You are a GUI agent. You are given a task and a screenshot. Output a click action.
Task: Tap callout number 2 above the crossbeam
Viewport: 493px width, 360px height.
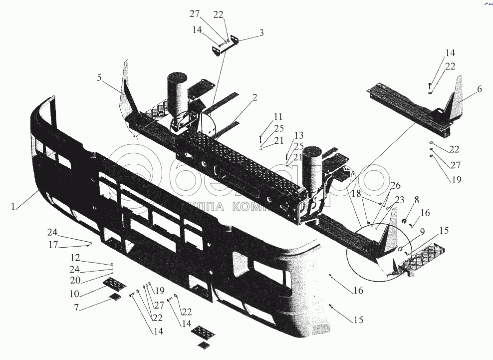pyautogui.click(x=255, y=97)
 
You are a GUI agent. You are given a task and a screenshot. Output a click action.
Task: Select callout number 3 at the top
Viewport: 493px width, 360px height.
pyautogui.click(x=261, y=33)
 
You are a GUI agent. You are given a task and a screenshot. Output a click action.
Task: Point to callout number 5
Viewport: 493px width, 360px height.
pyautogui.click(x=99, y=77)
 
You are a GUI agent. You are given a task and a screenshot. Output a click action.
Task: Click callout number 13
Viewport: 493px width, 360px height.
pyautogui.click(x=298, y=135)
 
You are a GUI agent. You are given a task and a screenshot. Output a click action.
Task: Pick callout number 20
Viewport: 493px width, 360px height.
pyautogui.click(x=75, y=281)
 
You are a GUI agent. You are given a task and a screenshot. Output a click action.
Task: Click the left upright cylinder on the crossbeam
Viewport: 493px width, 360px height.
pyautogui.click(x=176, y=88)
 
